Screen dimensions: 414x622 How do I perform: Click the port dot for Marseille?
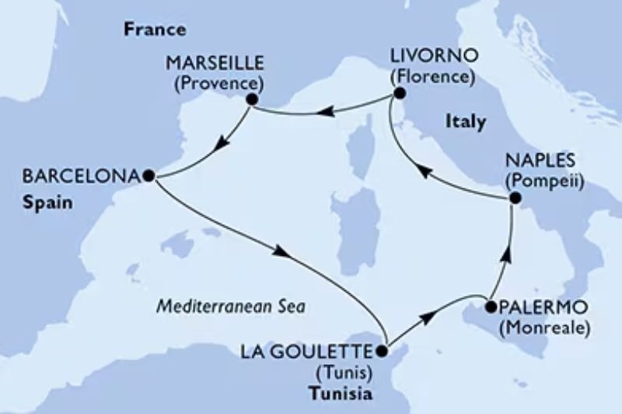point(251,100)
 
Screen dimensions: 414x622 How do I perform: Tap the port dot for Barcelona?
point(148,176)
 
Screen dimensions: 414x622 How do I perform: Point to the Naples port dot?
point(512,199)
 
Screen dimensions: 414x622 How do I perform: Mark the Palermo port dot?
point(490,307)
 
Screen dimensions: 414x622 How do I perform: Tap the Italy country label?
point(466,122)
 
